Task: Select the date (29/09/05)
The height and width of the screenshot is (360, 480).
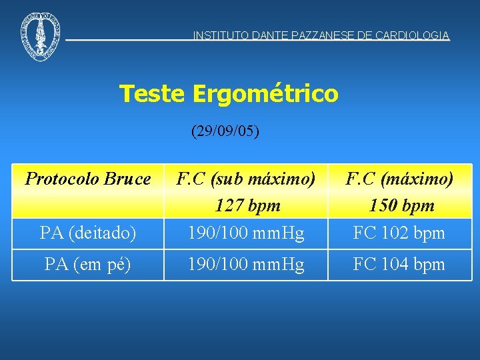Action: pyautogui.click(x=225, y=131)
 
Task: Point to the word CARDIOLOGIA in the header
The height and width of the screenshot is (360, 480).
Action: pyautogui.click(x=413, y=36)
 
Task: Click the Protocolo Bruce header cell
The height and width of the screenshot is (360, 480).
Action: pyautogui.click(x=88, y=179)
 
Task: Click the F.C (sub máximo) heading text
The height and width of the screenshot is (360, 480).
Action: pyautogui.click(x=245, y=179)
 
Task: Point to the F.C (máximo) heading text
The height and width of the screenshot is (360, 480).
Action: pyautogui.click(x=399, y=179)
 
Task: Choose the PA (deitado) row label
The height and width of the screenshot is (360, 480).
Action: pyautogui.click(x=88, y=233)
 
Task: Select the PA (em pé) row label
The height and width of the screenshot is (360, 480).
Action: pyautogui.click(x=88, y=264)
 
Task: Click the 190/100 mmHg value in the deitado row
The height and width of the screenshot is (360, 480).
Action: pyautogui.click(x=245, y=233)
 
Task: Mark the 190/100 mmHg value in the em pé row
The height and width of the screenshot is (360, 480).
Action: pyautogui.click(x=245, y=264)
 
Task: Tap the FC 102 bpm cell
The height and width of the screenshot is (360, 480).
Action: pyautogui.click(x=399, y=233)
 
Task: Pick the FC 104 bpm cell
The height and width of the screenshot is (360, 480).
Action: pyautogui.click(x=399, y=264)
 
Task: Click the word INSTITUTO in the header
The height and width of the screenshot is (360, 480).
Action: pyautogui.click(x=221, y=36)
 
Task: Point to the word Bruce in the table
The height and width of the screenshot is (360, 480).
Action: pyautogui.click(x=129, y=179)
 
